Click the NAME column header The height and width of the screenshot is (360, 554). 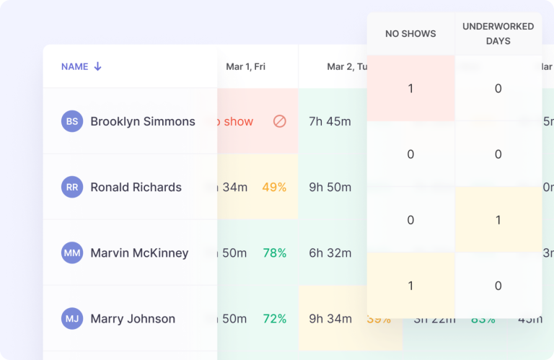(x=74, y=66)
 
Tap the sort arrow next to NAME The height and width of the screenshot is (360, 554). (x=98, y=66)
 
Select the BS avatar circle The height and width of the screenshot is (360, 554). (x=72, y=121)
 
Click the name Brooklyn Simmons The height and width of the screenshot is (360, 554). (x=143, y=121)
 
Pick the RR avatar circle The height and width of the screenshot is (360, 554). (x=72, y=187)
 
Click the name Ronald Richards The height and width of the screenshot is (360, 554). (x=136, y=187)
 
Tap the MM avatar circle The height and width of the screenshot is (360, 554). (x=72, y=253)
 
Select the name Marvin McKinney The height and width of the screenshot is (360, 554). (x=139, y=253)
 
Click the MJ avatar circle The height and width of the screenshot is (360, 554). (x=72, y=318)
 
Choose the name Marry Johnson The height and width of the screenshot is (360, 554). (x=133, y=318)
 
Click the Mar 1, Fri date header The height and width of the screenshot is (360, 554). (x=245, y=66)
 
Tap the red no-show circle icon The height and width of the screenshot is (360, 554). (x=280, y=121)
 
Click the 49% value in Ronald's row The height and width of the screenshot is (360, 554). (x=274, y=187)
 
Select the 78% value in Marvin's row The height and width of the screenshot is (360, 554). (x=274, y=253)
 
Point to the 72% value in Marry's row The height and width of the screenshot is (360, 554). (x=274, y=318)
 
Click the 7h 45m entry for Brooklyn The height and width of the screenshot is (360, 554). (x=330, y=121)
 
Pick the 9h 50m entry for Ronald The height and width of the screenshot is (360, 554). (x=330, y=187)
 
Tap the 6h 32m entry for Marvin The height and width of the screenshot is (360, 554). (x=330, y=253)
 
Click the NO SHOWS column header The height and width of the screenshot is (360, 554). (x=410, y=33)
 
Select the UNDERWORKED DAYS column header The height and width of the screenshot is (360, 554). (x=498, y=33)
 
